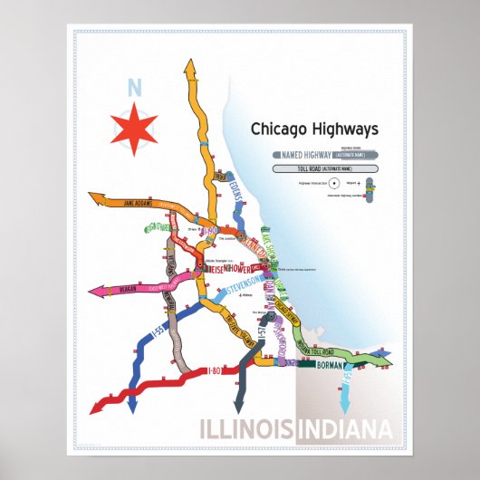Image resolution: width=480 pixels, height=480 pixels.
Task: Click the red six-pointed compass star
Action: pyautogui.click(x=134, y=125)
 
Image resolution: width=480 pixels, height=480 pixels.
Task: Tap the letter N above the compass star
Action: pyautogui.click(x=134, y=89)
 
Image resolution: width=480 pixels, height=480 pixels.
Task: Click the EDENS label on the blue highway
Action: pyautogui.click(x=238, y=191)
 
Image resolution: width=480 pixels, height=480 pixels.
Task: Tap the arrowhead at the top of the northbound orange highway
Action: pyautogui.click(x=190, y=67)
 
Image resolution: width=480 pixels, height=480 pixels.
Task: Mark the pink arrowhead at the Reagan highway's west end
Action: pyautogui.click(x=93, y=293)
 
